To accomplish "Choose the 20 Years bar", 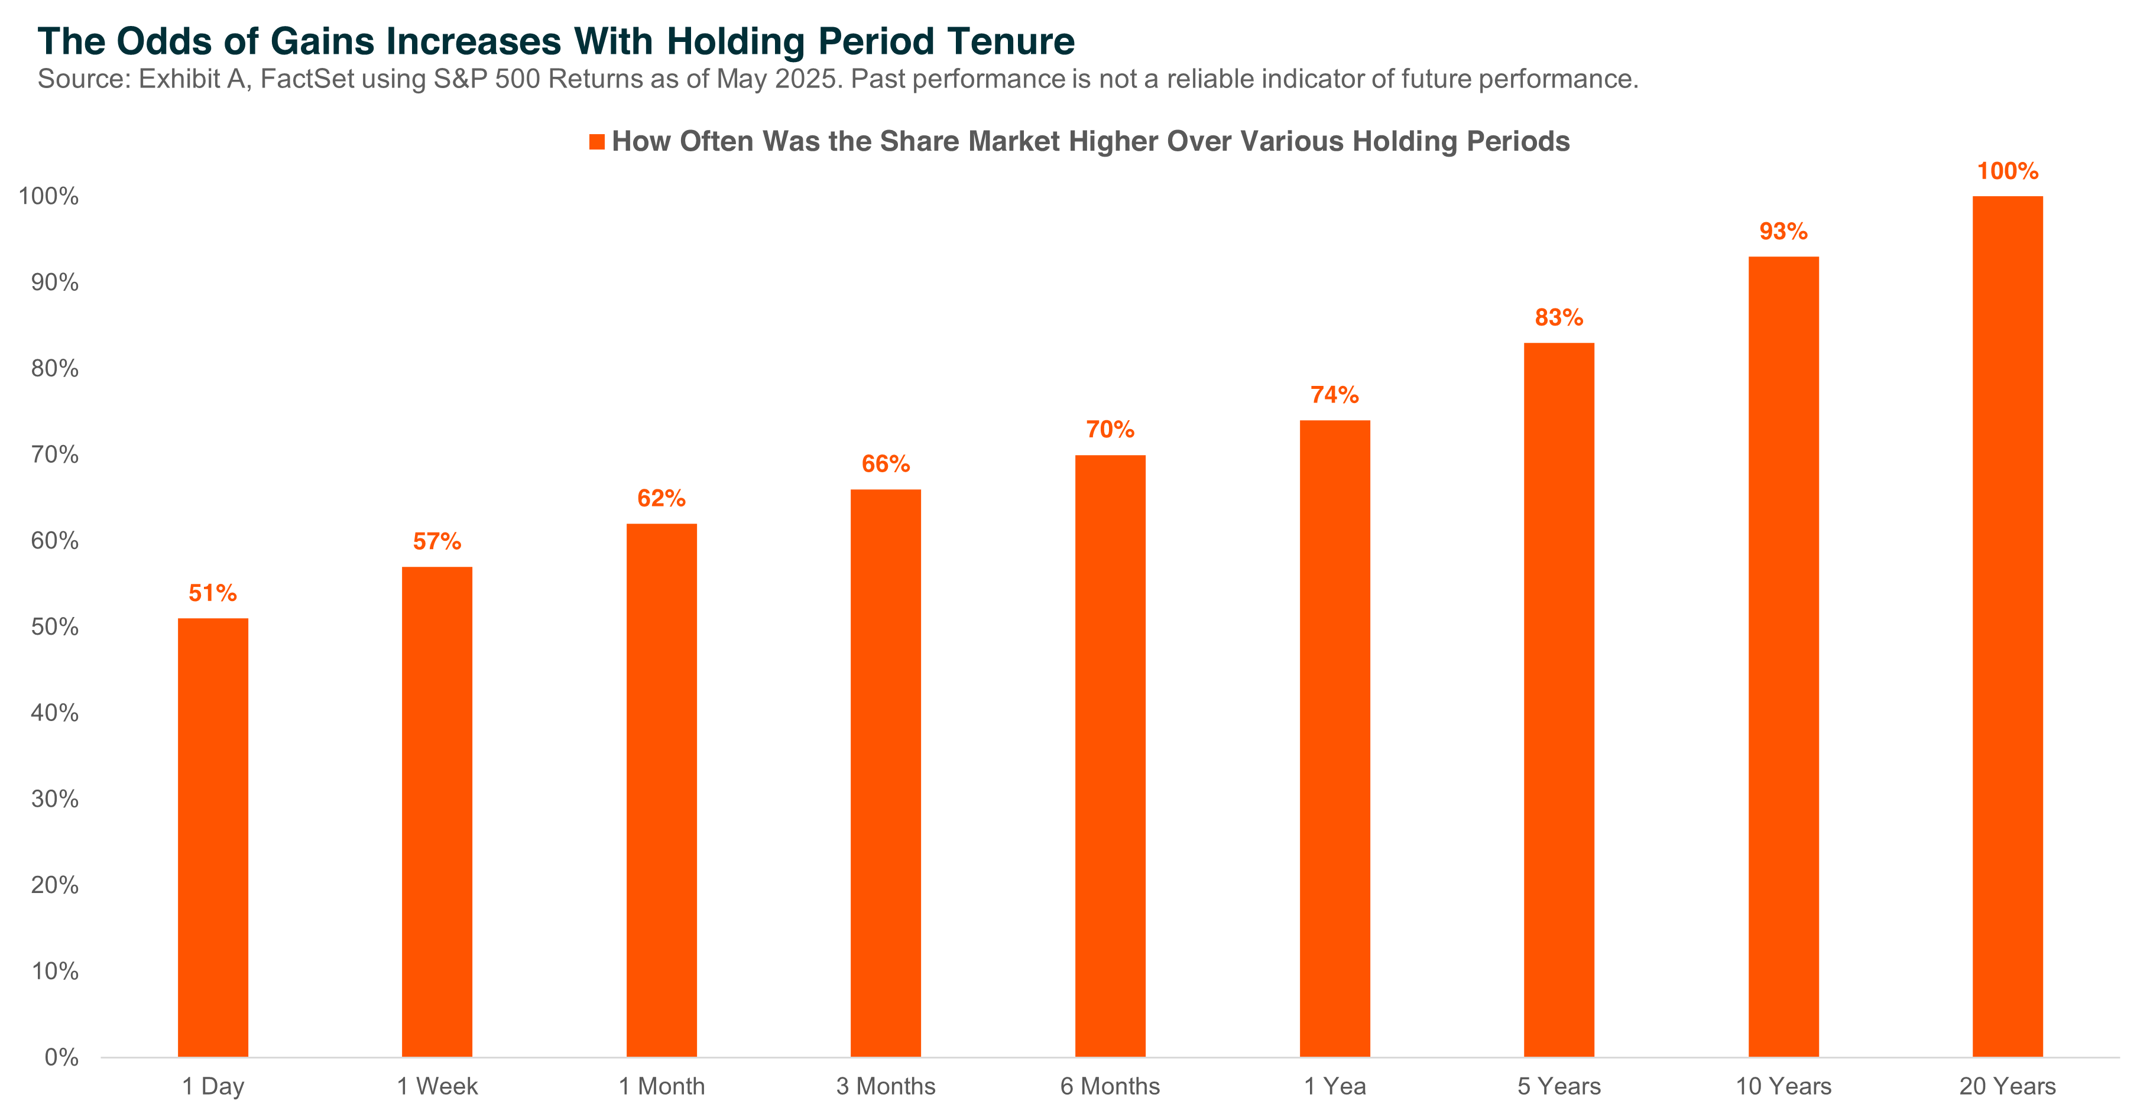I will coord(2008,626).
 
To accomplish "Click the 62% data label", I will coord(661,499).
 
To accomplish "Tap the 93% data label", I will coord(1783,231).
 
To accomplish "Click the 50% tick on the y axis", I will coord(55,627).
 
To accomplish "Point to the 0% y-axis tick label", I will coord(61,1058).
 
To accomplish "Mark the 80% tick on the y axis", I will coord(55,369).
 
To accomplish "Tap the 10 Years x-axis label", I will coord(1783,1086).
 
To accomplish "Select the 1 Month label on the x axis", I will coord(661,1086).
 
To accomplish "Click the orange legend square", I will coord(596,142).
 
